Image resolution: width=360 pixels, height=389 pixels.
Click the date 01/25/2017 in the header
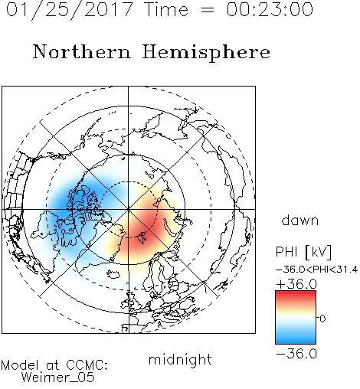coord(69,10)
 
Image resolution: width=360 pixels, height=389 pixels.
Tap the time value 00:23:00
coord(270,9)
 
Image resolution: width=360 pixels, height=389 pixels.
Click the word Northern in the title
coord(82,52)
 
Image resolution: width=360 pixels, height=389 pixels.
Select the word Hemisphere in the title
coord(206,53)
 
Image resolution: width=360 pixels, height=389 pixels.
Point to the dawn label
coord(300,220)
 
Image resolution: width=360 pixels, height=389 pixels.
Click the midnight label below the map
coord(180,359)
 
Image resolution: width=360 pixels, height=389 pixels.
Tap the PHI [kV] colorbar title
coord(303,252)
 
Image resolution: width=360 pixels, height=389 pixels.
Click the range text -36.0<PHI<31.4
coord(316,270)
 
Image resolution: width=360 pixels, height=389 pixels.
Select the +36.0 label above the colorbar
coord(296,284)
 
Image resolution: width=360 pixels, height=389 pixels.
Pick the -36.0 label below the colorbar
coord(296,354)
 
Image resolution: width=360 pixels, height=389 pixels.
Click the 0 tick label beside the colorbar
coord(322,319)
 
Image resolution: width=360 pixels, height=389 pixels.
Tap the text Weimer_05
coord(58,378)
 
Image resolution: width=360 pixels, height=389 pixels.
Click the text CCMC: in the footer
coord(87,365)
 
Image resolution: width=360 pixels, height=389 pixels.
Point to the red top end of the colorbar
coord(296,293)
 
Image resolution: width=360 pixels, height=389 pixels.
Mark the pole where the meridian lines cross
coord(129,209)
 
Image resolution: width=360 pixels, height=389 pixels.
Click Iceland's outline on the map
coord(114,274)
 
